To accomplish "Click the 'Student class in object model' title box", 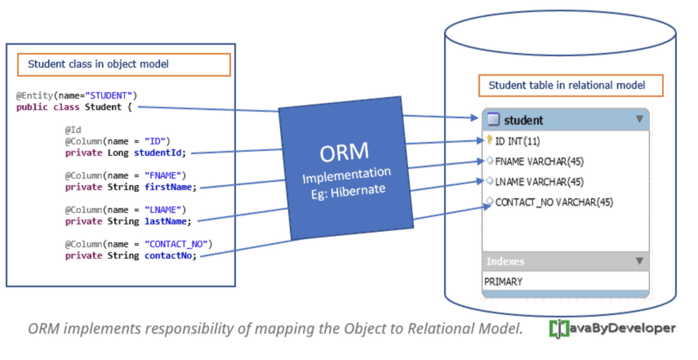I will point(124,64).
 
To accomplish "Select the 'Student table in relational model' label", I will point(570,85).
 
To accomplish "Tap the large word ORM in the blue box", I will point(344,153).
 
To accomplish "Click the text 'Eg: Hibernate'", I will point(348,191).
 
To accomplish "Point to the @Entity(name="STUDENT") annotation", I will point(76,96).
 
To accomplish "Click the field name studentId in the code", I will point(160,153).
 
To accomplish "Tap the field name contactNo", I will point(170,256).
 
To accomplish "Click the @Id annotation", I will point(73,130).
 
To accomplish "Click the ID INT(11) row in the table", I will point(517,141).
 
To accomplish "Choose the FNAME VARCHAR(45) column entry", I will point(539,162).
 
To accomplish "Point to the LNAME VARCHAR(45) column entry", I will point(539,182).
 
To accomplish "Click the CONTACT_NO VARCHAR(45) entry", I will point(554,202).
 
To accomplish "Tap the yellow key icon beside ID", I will point(489,140).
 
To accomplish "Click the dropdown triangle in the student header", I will point(639,119).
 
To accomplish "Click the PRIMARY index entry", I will point(503,282).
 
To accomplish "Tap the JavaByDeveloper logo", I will point(612,328).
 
